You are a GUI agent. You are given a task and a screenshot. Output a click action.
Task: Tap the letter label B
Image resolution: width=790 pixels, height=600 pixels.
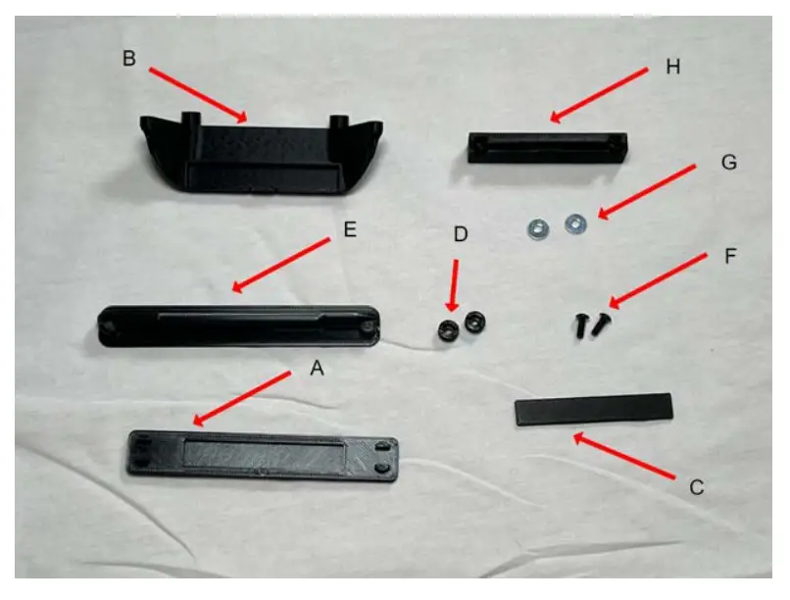[128, 58]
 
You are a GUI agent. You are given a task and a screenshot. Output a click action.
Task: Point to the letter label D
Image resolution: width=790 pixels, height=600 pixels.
[462, 235]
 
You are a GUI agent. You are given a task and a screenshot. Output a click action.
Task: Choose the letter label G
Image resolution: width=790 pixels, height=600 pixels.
[727, 162]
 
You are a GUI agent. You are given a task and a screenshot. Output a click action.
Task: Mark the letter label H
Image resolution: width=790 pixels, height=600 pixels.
[671, 68]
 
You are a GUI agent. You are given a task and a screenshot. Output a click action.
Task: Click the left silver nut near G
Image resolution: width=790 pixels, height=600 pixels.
[536, 228]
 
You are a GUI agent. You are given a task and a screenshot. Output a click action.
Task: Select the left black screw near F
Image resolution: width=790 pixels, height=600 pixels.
[581, 325]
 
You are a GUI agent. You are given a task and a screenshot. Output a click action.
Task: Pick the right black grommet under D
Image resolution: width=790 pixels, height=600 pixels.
[475, 321]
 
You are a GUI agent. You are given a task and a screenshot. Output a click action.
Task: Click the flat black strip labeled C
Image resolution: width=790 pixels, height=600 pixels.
[594, 409]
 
